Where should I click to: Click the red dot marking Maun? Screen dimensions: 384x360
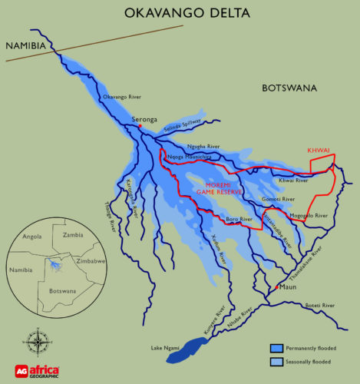(276, 287)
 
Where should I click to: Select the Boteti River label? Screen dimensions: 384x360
(319, 306)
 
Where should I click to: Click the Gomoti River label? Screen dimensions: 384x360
(278, 199)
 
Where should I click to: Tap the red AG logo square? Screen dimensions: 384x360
(22, 369)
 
